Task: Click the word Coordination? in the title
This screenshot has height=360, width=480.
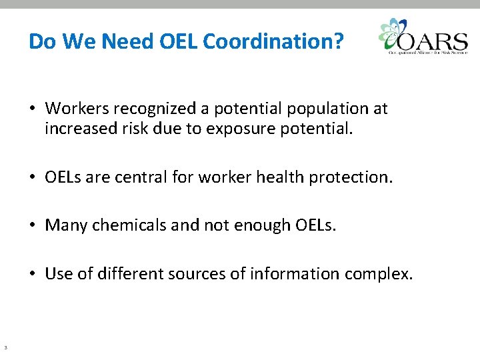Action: click(273, 42)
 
